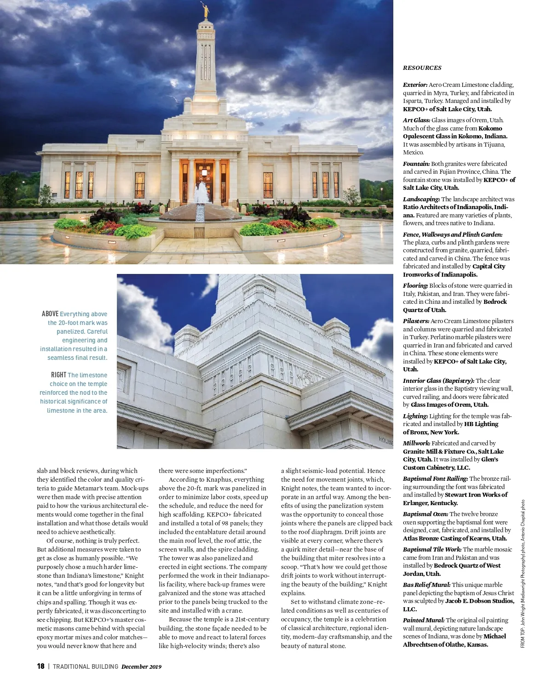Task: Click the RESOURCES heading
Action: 422,68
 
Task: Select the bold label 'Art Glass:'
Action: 416,120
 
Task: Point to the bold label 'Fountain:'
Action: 416,164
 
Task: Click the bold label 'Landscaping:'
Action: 421,199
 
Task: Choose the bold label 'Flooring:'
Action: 415,285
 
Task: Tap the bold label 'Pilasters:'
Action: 416,321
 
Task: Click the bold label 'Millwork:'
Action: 416,443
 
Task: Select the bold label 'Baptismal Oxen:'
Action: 425,514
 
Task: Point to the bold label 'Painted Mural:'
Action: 424,620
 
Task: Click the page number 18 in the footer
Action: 40,666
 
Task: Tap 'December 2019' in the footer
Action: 141,666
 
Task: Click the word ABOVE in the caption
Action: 50,313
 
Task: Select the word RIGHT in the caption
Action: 58,375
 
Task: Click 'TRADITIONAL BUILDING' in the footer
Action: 86,666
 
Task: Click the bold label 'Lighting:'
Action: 415,416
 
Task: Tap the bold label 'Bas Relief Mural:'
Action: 426,585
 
